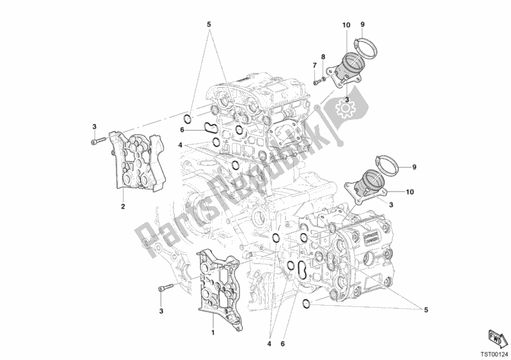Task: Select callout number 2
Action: point(122,206)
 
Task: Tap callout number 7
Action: point(314,66)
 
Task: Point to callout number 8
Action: point(323,57)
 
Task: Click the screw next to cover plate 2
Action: point(98,142)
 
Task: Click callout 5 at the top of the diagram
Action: point(208,26)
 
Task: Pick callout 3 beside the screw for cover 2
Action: point(94,126)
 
